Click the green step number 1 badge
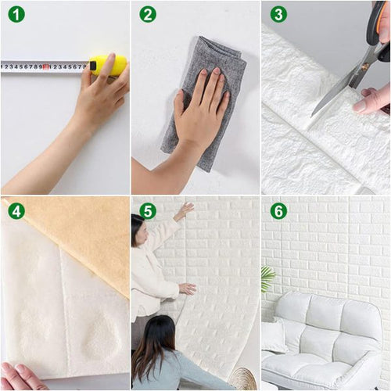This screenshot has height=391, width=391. (x=16, y=14)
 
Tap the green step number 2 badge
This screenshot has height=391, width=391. (x=148, y=14)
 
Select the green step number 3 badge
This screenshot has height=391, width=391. (x=278, y=14)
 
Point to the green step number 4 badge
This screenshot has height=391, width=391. (x=16, y=210)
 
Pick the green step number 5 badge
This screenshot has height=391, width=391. (x=148, y=210)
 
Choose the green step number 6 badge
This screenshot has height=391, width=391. (x=278, y=210)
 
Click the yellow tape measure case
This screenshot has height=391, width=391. (x=108, y=66)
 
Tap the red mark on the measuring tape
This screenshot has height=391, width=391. (x=46, y=67)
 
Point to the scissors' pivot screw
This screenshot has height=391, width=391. (x=365, y=66)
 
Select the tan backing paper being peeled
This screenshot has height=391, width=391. (x=78, y=235)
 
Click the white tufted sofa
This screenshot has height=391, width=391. (x=321, y=342)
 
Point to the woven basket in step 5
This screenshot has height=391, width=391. (x=244, y=378)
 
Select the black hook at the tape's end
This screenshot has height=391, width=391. (x=92, y=66)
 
